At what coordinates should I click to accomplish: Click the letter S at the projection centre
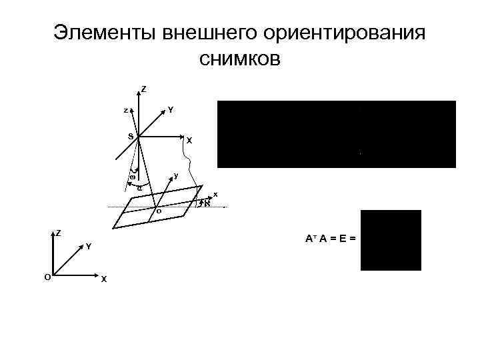[131, 137]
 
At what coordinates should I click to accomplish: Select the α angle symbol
[139, 189]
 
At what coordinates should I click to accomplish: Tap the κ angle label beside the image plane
[207, 203]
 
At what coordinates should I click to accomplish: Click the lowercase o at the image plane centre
[158, 211]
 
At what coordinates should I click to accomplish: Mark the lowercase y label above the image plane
[175, 175]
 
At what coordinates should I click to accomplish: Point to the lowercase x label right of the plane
[215, 194]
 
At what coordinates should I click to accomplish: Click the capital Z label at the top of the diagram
[145, 89]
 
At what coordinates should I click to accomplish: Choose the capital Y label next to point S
[171, 109]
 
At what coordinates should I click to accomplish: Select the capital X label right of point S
[189, 141]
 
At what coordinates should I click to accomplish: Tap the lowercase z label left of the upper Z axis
[125, 111]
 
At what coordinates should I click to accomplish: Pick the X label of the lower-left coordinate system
[103, 279]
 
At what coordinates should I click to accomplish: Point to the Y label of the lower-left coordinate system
[88, 247]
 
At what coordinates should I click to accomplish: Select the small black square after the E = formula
[391, 240]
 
